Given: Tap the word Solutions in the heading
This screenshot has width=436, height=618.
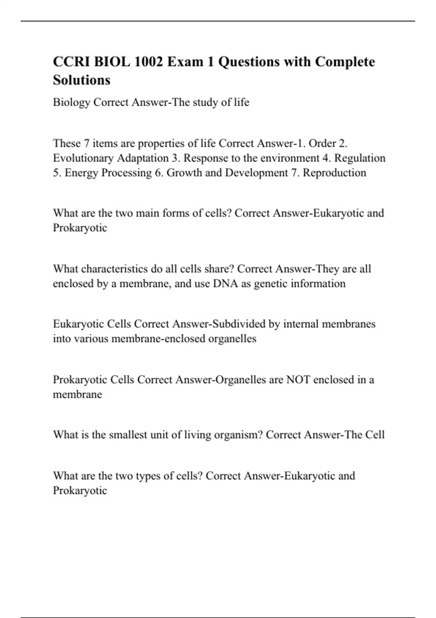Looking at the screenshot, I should point(81,80).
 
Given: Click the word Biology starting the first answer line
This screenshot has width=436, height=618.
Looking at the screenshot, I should point(71,103).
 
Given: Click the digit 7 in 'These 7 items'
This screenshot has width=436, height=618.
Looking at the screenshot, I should point(86,144).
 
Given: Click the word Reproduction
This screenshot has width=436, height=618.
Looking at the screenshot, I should point(334,173).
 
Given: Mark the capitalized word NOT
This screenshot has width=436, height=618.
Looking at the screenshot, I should point(298,380).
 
